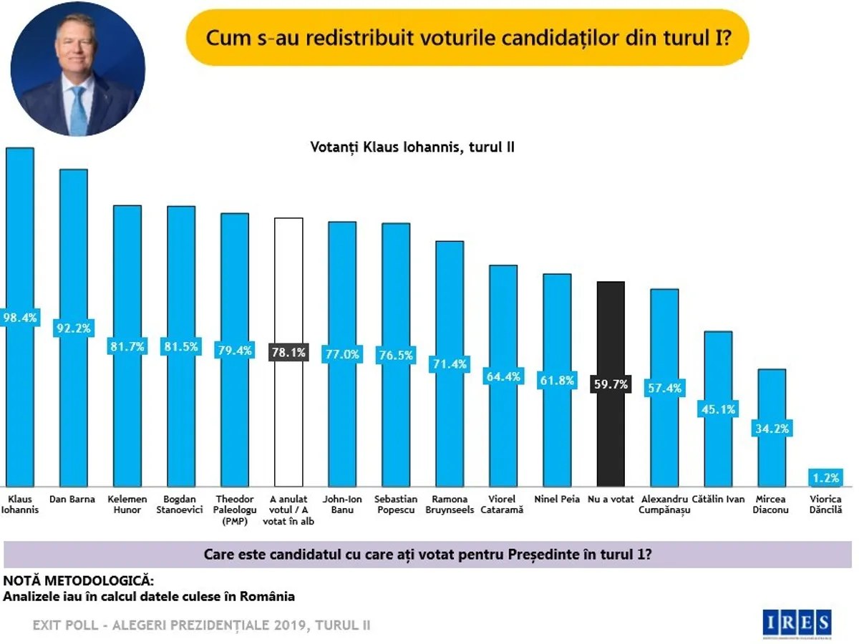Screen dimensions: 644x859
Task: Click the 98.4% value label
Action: (19, 317)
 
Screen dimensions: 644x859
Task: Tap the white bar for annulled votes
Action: (289, 286)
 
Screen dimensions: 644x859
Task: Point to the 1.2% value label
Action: (825, 477)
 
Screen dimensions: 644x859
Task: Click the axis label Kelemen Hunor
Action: (128, 504)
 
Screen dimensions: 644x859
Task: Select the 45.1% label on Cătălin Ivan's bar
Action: (718, 409)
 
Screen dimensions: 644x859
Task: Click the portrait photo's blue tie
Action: (78, 111)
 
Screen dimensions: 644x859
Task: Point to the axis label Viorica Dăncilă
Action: (826, 504)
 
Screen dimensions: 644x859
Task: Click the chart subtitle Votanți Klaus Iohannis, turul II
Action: (413, 147)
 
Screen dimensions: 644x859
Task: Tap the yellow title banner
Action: (467, 37)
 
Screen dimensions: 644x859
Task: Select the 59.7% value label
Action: (611, 384)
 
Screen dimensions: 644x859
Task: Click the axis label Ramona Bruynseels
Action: (450, 504)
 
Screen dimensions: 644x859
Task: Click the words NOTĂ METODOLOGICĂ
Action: (79, 580)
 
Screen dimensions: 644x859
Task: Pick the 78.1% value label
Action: (289, 352)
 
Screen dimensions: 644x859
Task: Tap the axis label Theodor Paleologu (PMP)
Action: (235, 509)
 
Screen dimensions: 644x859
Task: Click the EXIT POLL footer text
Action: (202, 625)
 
